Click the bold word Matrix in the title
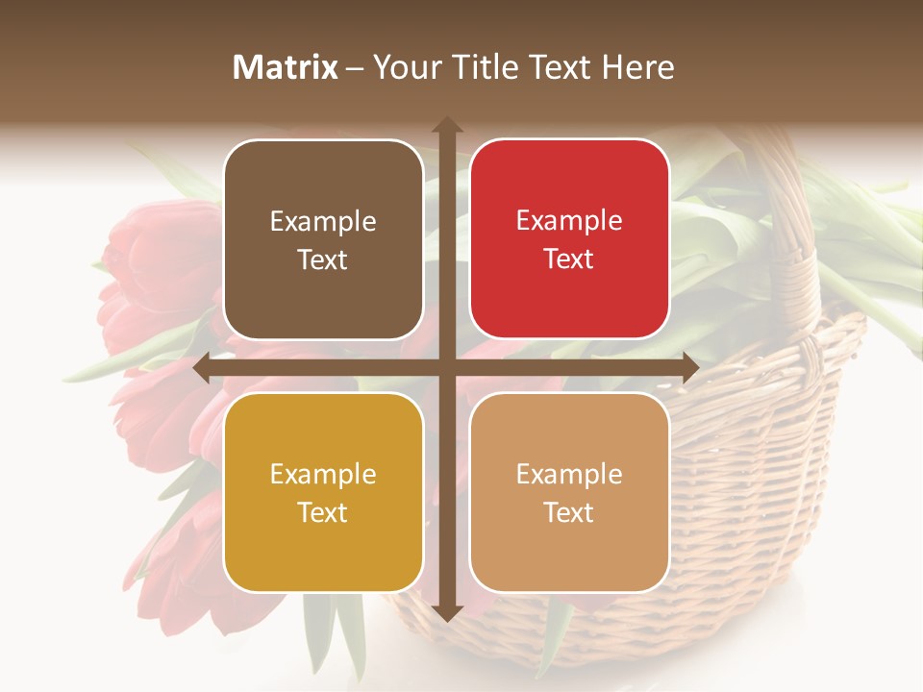click(286, 67)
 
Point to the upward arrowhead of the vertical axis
click(446, 125)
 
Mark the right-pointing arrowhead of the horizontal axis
click(689, 368)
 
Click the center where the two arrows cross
click(446, 368)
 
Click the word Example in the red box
click(569, 221)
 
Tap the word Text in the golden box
click(322, 512)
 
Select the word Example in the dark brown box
click(323, 222)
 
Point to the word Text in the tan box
click(568, 512)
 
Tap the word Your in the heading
click(403, 67)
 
